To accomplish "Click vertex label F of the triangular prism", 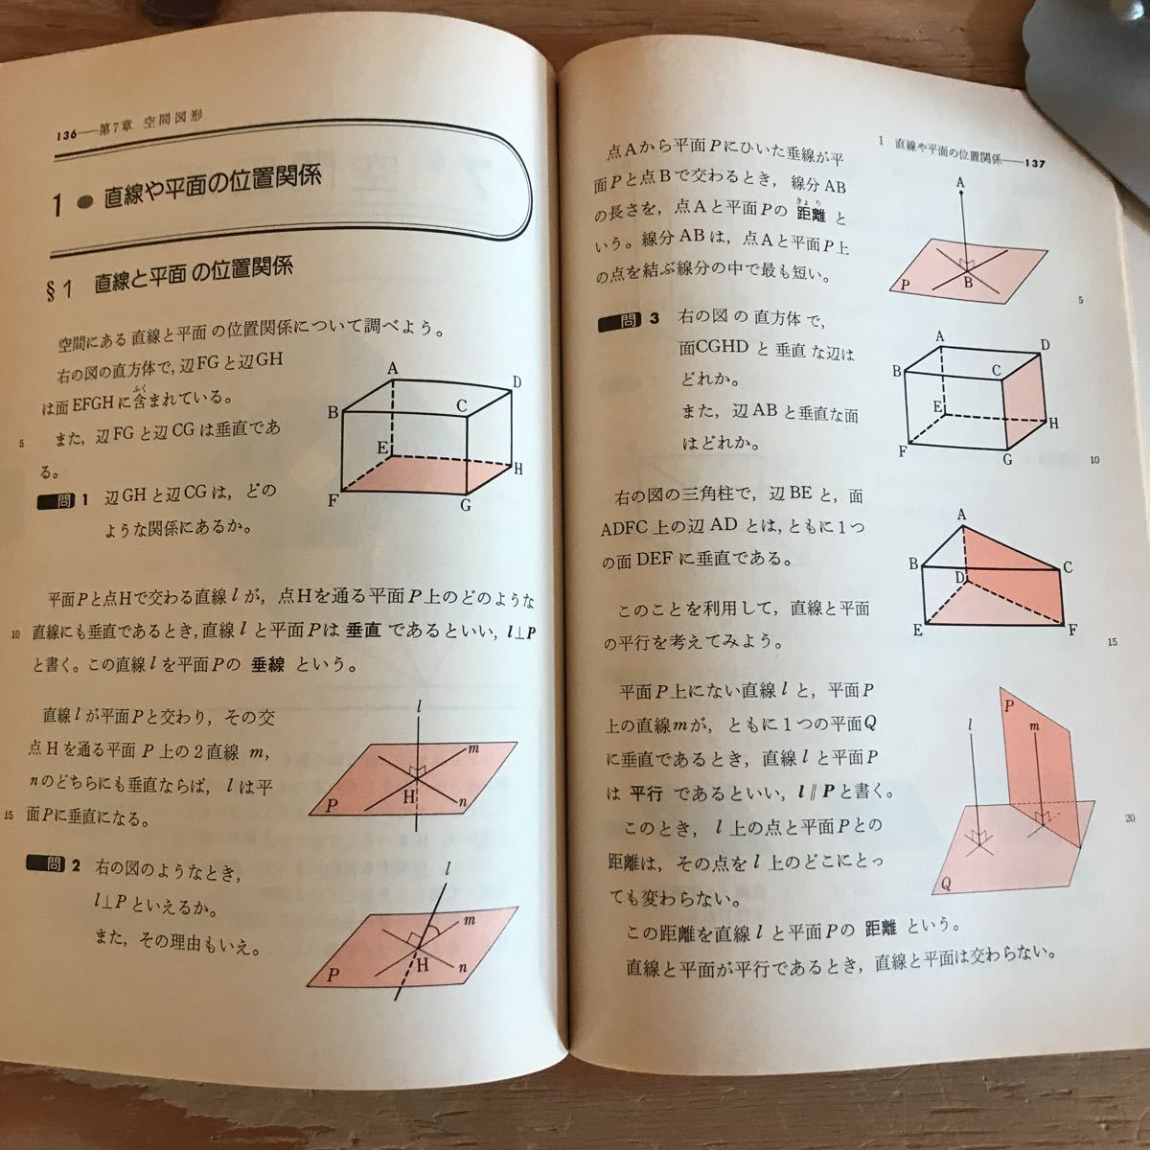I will tap(1071, 631).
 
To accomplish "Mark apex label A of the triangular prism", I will tap(961, 516).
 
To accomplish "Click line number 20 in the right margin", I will tap(1129, 817).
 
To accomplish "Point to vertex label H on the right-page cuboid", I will tap(1054, 423).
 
